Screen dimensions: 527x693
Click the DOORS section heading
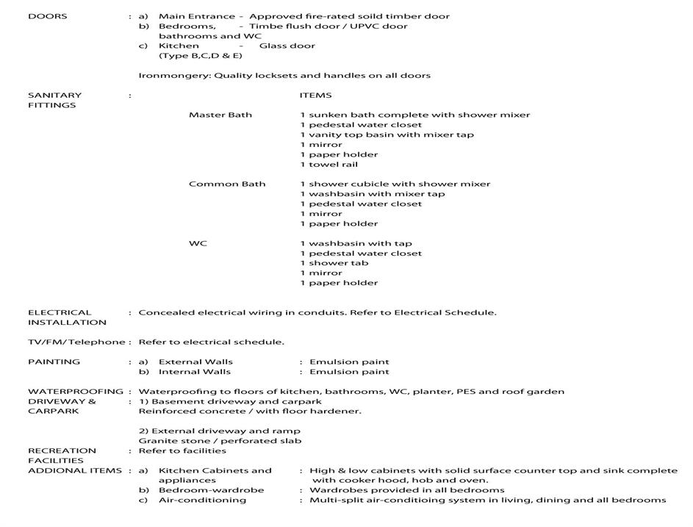coord(47,16)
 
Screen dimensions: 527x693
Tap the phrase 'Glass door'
coord(287,46)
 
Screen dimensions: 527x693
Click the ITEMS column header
coord(315,95)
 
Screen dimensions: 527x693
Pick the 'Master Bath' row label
coord(220,115)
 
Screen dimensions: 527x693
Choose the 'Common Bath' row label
coord(227,184)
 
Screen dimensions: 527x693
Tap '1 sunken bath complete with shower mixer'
coord(414,115)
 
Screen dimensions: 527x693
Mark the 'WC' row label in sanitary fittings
coord(198,243)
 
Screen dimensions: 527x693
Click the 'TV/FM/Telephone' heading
coord(76,342)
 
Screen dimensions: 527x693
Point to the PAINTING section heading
coord(54,362)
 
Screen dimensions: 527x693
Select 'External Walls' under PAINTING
coord(195,362)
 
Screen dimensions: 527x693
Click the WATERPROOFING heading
coord(75,391)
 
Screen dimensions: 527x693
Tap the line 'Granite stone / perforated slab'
coord(220,441)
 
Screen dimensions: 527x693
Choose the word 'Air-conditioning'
coord(202,500)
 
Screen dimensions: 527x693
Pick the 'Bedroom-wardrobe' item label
coord(211,490)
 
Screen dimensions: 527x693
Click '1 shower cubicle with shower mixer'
coord(395,184)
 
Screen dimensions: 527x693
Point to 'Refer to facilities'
coord(182,451)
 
